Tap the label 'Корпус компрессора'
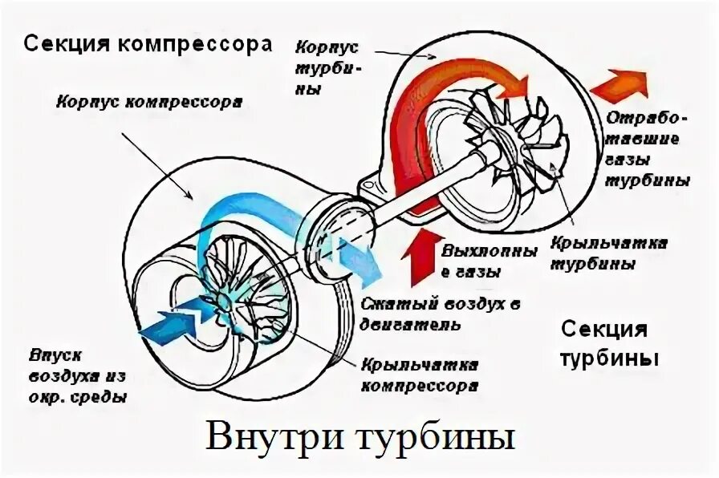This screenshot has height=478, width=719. pyautogui.click(x=150, y=103)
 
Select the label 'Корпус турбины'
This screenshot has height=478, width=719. pyautogui.click(x=327, y=65)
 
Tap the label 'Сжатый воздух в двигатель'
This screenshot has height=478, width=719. pyautogui.click(x=439, y=316)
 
